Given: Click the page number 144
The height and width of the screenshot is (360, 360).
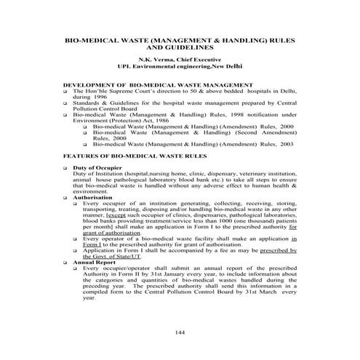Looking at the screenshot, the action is tap(180, 332).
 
